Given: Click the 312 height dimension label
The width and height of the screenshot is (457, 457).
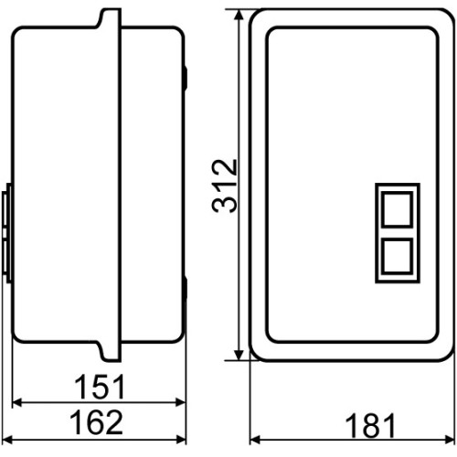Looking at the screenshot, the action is [x=224, y=186].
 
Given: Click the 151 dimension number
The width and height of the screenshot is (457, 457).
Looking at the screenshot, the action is [x=100, y=387].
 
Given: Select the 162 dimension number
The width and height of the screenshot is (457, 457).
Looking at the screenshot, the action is [x=97, y=422].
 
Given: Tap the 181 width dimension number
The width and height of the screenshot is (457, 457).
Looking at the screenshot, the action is [x=370, y=425].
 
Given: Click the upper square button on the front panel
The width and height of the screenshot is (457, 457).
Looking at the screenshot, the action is [x=397, y=209].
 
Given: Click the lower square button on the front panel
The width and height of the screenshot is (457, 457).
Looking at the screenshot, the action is [x=397, y=256].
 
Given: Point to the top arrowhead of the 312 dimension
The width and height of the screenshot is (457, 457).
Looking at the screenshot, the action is [x=239, y=15].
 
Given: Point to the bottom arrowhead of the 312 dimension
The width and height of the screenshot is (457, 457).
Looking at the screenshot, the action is [x=239, y=355].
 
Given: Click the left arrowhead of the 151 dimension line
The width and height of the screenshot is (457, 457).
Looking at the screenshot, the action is [x=17, y=402].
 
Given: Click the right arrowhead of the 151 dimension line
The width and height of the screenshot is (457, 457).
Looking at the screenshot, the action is [x=181, y=402].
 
